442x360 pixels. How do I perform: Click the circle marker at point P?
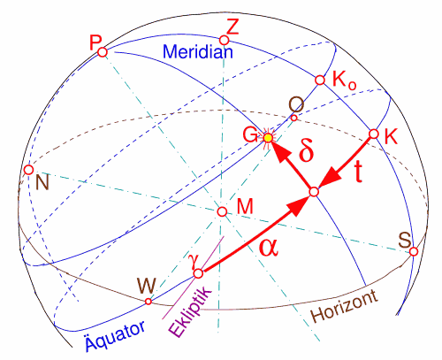click(103, 52)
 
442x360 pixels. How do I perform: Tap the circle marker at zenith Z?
click(225, 40)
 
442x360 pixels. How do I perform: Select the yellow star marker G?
click(268, 138)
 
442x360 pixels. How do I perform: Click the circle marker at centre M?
click(222, 211)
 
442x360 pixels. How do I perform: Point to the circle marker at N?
click(28, 170)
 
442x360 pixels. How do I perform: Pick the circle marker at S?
click(414, 252)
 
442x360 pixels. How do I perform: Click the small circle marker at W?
click(149, 302)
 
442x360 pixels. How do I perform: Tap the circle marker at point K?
click(374, 134)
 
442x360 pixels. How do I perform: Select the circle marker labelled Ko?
click(320, 80)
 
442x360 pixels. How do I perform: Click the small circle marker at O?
click(294, 119)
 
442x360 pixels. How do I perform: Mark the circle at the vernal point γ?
click(198, 273)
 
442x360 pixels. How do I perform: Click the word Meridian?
click(198, 51)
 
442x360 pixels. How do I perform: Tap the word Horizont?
click(345, 307)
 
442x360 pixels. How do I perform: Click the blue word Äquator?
click(115, 335)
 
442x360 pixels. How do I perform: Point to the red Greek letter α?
click(269, 247)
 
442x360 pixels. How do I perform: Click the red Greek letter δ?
click(306, 152)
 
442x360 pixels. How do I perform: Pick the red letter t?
click(358, 172)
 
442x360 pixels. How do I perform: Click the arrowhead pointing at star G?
click(280, 152)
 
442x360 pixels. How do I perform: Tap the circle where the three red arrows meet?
click(315, 192)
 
